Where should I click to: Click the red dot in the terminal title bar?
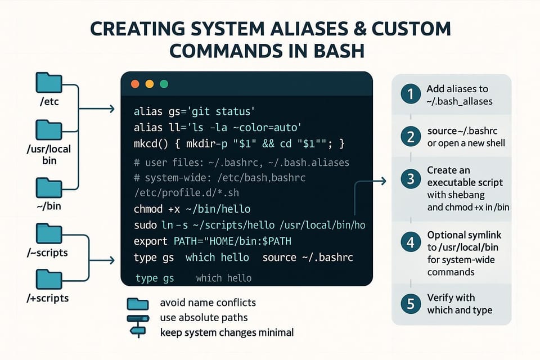click(x=135, y=84)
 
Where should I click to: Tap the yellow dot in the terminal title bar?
click(x=150, y=84)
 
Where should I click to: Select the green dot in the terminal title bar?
click(x=164, y=84)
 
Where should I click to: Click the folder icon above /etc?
click(x=49, y=83)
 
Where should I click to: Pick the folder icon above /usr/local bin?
click(x=49, y=130)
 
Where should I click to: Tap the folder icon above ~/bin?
click(x=49, y=187)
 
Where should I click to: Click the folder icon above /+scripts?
click(x=49, y=279)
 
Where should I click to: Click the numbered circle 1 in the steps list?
click(x=411, y=94)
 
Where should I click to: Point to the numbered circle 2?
click(x=411, y=137)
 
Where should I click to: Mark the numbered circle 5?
click(x=411, y=304)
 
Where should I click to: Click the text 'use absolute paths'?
click(x=204, y=318)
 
